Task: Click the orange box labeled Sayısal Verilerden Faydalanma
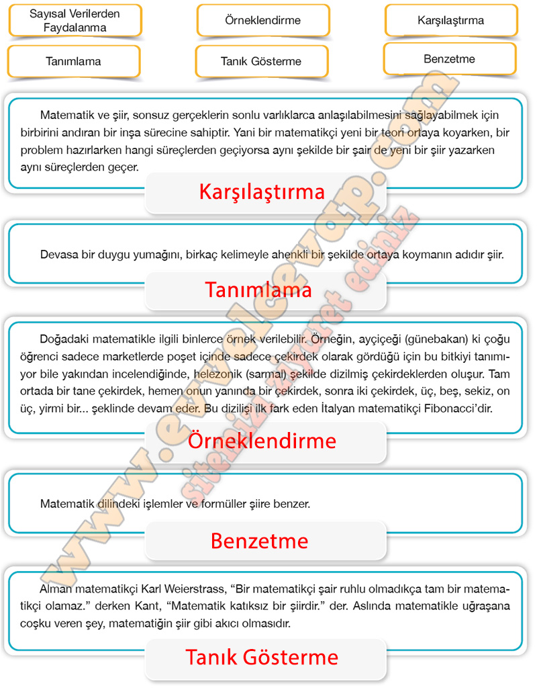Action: point(75,20)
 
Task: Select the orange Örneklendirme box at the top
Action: point(262,20)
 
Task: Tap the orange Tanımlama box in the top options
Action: point(73,61)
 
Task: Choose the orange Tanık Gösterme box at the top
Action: point(261,61)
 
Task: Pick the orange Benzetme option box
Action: point(449,59)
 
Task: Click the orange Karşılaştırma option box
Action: point(450,20)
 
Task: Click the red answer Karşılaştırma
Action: point(262,192)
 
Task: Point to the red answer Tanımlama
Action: point(258,290)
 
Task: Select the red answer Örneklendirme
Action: point(262,441)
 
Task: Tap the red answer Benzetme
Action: point(259,540)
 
